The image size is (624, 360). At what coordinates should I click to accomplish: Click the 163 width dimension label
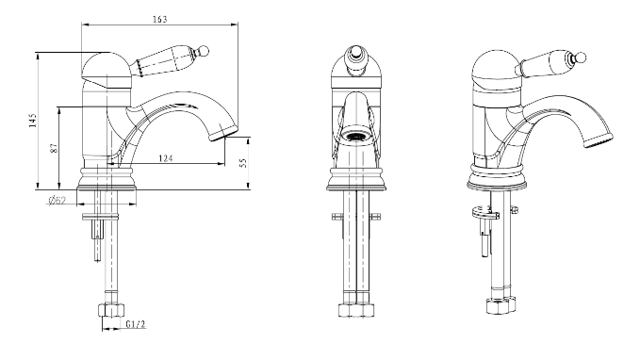pos(159,19)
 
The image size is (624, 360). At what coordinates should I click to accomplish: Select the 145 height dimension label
pos(33,120)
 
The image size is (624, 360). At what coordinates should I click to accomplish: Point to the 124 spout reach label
pos(166,158)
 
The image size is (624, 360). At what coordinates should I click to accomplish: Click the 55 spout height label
pos(243,162)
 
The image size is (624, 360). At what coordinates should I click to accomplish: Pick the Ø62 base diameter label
pos(57,201)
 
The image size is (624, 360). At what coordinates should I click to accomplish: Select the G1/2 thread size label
pos(136,324)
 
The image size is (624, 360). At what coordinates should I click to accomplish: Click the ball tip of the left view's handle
pos(204,50)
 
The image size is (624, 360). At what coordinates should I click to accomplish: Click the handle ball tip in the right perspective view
pos(581,58)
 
